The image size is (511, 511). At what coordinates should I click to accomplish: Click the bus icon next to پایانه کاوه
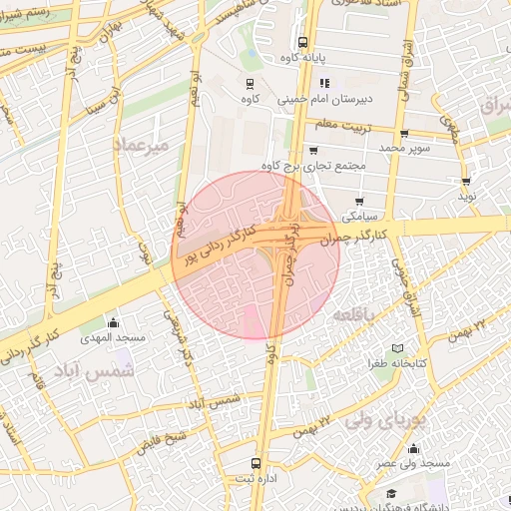click(302, 42)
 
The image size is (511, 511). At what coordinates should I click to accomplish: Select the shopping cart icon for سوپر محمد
click(403, 134)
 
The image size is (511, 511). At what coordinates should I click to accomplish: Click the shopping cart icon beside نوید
click(466, 181)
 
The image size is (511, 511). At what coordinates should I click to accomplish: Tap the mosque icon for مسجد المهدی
click(112, 322)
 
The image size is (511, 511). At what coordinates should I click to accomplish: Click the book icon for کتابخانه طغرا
click(398, 347)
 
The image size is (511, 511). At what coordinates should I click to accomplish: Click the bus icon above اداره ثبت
click(256, 463)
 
